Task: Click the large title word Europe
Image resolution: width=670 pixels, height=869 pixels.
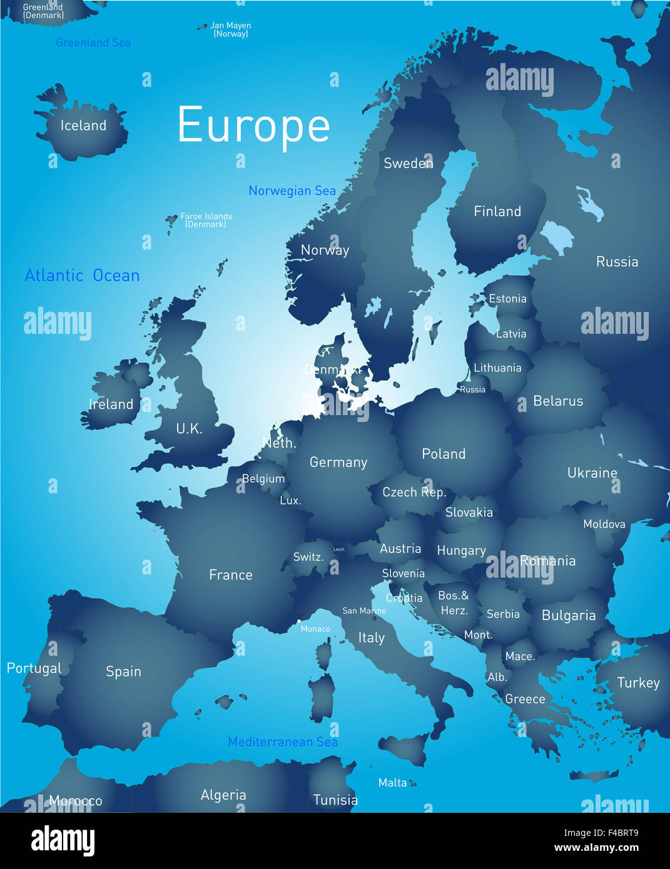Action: [253, 126]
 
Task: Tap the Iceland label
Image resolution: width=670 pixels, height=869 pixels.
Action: [83, 126]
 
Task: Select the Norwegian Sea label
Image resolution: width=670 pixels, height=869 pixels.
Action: [292, 191]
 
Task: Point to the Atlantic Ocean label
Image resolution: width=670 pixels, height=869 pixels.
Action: [82, 276]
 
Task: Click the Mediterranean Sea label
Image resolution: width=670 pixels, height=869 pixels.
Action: [283, 742]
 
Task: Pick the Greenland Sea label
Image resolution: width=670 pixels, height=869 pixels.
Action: [93, 43]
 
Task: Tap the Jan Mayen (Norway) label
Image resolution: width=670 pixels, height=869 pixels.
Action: [231, 29]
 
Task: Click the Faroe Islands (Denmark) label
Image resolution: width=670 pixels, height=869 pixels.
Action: [206, 220]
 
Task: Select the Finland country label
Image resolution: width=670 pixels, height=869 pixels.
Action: [497, 211]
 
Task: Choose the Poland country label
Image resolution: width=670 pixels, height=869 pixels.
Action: [444, 454]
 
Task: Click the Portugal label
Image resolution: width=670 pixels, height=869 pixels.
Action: [34, 668]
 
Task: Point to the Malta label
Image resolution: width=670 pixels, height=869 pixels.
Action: [392, 783]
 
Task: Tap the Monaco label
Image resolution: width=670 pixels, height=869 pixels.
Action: [315, 629]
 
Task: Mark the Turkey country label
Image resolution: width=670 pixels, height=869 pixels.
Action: [638, 683]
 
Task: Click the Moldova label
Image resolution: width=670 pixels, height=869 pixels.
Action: [604, 524]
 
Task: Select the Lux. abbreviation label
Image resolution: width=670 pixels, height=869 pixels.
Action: [290, 501]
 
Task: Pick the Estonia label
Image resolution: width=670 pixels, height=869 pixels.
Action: [507, 299]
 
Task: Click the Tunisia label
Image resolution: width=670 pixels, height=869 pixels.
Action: [335, 800]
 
